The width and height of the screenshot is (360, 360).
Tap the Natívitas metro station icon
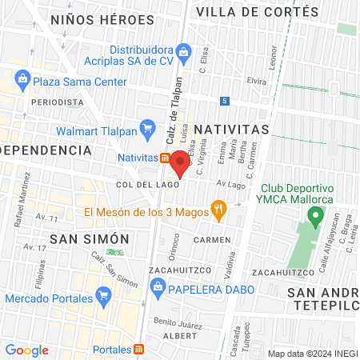(165, 158)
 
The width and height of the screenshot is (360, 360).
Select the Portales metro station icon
(140, 350)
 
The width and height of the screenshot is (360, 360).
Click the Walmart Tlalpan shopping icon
(146, 127)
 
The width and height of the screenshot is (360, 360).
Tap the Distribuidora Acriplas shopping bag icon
(183, 53)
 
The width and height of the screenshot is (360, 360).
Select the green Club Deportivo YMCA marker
(316, 216)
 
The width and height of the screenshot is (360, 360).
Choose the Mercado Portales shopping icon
(102, 298)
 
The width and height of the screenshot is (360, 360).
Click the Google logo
(26, 350)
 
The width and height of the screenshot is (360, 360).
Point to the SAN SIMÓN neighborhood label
(89, 238)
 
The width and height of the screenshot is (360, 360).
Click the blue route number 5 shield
(226, 101)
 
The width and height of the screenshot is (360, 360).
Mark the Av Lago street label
(230, 184)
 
